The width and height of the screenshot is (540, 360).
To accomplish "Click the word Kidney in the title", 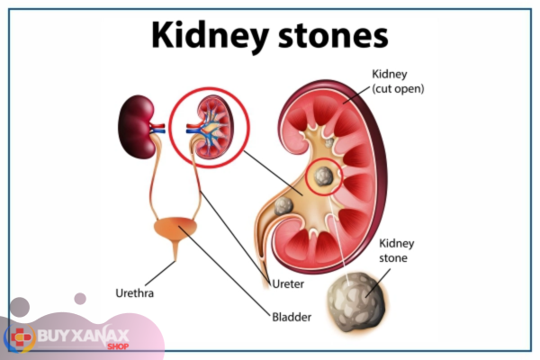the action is (210, 36).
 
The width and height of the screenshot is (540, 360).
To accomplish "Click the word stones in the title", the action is (333, 35).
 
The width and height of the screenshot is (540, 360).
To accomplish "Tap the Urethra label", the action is (135, 293).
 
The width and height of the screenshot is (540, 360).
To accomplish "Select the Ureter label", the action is (288, 284).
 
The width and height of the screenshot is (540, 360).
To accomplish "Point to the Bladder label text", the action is (292, 317).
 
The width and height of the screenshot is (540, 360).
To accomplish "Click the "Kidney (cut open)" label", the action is (398, 81).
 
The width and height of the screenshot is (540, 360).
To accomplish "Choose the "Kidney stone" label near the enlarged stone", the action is (396, 250).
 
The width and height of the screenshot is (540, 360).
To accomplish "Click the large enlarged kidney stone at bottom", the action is (356, 301).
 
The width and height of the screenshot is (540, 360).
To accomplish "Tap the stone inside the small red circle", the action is (323, 176).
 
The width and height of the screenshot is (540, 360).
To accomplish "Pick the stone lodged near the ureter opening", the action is (283, 206).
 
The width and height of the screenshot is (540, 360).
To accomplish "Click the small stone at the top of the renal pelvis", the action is (329, 142).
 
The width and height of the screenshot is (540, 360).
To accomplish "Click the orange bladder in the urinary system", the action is (175, 228).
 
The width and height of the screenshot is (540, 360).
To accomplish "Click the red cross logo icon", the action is (21, 337).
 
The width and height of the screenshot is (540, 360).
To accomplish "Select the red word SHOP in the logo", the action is (118, 346).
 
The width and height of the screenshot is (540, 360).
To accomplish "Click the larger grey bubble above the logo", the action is (20, 307).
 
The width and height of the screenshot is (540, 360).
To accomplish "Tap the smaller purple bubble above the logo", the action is (80, 299).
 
